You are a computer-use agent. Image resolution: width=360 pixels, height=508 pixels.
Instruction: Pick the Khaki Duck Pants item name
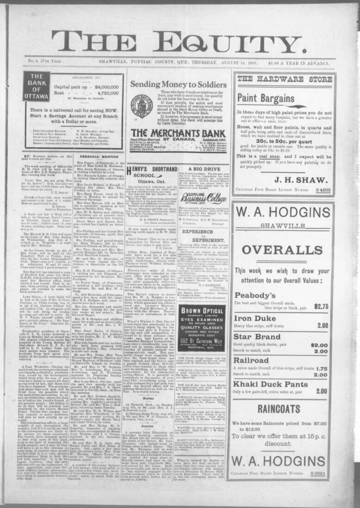coord(271,384)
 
